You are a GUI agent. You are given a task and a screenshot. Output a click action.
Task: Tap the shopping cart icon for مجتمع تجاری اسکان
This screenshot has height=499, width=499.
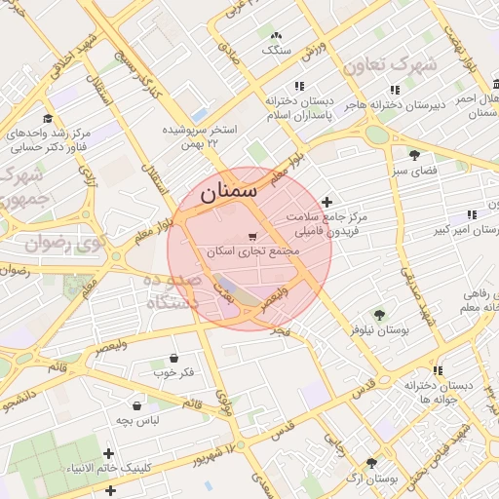(x=253, y=236)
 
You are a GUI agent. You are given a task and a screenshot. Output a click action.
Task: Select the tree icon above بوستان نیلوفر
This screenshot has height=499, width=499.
(x=379, y=314)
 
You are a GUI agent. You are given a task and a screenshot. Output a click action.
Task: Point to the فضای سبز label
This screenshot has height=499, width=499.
(x=414, y=171)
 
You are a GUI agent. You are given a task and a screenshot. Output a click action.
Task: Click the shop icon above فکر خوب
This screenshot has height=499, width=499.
(x=173, y=358)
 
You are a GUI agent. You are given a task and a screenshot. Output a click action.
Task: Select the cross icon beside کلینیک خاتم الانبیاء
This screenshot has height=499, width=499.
(x=108, y=453)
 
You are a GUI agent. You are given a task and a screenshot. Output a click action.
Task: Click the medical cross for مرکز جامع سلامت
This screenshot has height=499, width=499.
(x=326, y=201)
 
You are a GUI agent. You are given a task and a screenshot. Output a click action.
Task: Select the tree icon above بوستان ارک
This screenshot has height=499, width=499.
(x=371, y=464)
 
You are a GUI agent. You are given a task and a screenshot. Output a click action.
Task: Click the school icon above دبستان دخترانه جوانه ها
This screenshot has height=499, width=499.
(x=439, y=370)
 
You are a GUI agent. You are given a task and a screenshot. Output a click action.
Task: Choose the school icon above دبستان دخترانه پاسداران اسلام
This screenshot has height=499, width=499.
(x=299, y=86)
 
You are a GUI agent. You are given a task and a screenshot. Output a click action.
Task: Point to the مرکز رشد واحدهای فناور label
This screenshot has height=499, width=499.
(x=54, y=137)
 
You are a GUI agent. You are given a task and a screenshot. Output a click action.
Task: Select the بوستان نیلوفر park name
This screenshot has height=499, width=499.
(x=379, y=330)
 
